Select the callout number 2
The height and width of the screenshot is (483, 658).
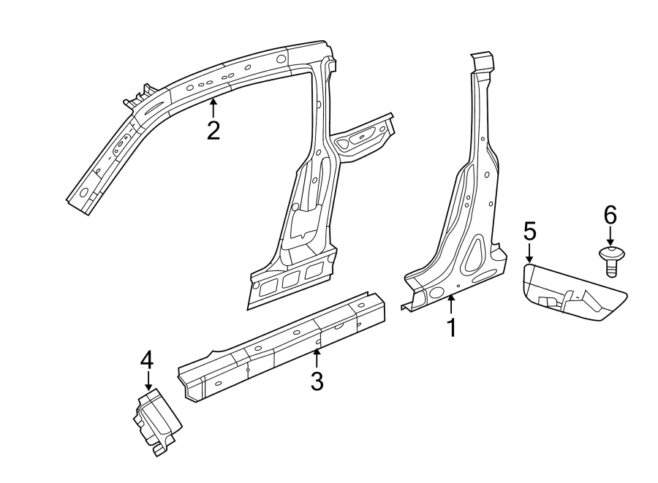(x=213, y=130)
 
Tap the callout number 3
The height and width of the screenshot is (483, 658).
(x=317, y=380)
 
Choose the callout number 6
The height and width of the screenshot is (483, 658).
(x=610, y=215)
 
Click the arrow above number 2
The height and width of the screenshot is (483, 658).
(x=213, y=107)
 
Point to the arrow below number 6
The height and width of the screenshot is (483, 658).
(x=610, y=237)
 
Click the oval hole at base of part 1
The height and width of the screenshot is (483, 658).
(x=437, y=292)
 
